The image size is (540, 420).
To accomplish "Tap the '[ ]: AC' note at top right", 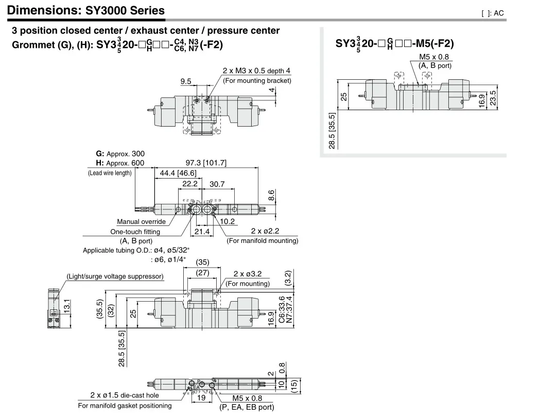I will point(492,13).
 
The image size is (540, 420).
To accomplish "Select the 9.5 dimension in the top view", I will point(186,81).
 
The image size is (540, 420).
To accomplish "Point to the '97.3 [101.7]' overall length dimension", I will point(205,163).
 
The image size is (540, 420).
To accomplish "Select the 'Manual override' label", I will point(141,222).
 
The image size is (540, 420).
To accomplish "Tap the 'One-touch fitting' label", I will point(135,232).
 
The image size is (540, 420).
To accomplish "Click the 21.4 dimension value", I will point(202,232).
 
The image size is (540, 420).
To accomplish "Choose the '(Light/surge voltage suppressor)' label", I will point(115,276).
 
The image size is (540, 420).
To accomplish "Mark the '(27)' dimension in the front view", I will point(201,273).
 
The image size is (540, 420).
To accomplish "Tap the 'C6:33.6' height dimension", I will point(281,309).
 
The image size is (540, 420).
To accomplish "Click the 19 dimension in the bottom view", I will point(201,398).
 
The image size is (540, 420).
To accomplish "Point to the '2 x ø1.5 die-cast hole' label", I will point(124,395).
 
